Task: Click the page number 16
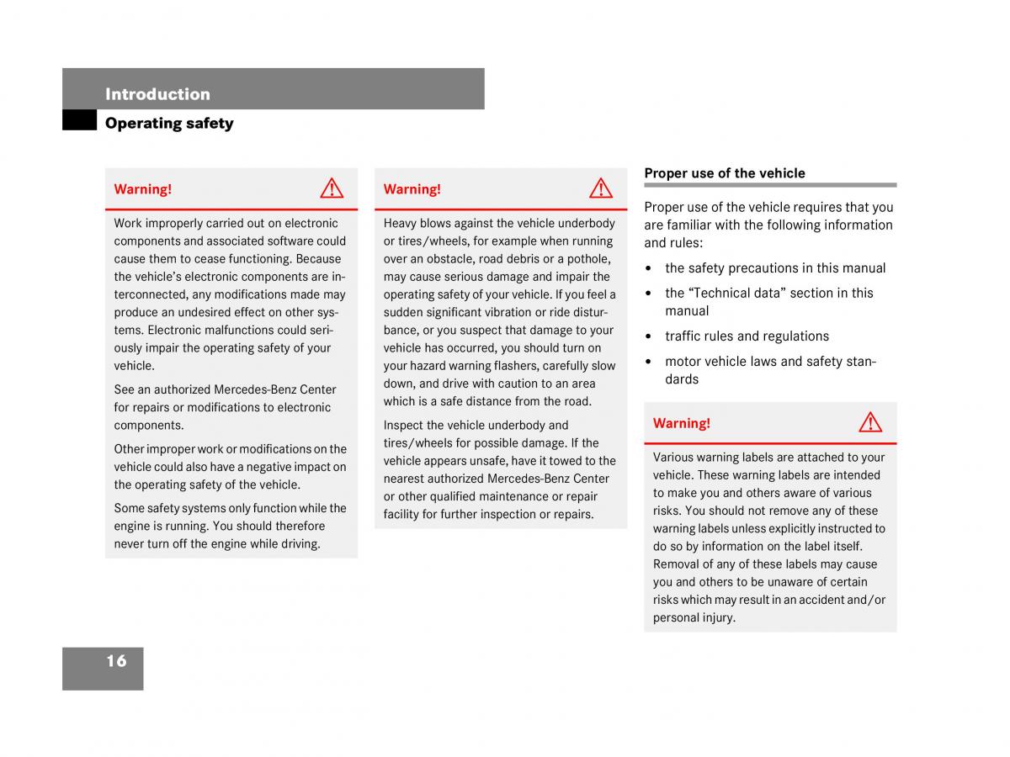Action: pos(116,661)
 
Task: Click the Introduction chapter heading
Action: pos(157,94)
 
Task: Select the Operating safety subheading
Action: pos(169,124)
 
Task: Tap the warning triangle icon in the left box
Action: pos(332,188)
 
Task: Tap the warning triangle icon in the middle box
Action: pos(601,188)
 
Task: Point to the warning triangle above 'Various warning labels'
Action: pos(870,422)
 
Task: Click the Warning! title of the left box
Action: pos(142,189)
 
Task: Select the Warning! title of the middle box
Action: pos(412,189)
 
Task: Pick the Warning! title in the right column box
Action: pos(681,423)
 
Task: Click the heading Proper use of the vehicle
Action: pos(724,173)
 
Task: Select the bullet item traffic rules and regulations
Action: pos(747,336)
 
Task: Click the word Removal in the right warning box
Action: pos(676,564)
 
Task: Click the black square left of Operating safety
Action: pos(79,120)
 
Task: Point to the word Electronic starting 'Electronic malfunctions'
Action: pos(177,330)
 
